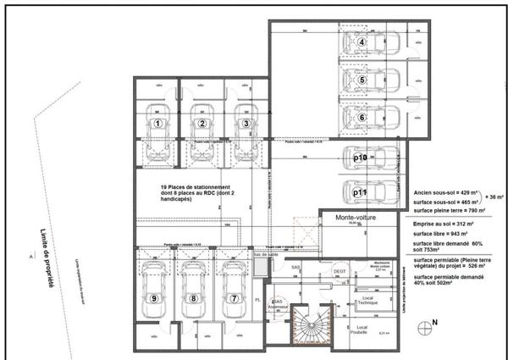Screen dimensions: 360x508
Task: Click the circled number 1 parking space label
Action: (157, 123)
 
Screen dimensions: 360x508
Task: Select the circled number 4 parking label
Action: (362, 42)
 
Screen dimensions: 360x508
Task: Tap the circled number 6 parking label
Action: (362, 118)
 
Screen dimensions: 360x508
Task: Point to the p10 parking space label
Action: (359, 158)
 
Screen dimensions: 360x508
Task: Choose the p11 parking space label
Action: (359, 192)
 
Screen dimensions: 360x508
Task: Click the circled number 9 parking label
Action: (154, 298)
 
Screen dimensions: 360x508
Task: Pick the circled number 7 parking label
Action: (233, 298)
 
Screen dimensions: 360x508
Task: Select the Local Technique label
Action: (366, 300)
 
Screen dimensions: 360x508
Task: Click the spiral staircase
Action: (308, 326)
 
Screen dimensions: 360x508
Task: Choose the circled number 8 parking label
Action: (193, 298)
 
